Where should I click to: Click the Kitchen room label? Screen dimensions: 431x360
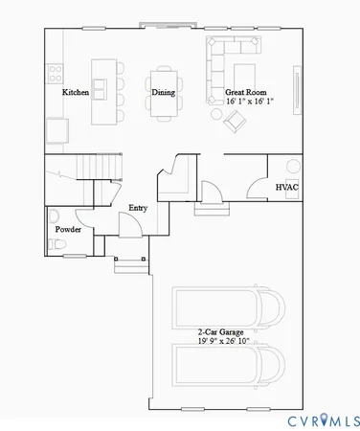click(76, 93)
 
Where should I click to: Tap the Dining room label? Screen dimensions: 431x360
click(163, 93)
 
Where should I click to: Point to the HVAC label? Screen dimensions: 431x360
click(288, 187)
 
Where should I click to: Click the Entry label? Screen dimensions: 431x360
click(138, 207)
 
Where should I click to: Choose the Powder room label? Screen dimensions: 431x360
click(67, 230)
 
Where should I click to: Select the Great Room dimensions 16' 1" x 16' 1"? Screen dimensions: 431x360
click(250, 101)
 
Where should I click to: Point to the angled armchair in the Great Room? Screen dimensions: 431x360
click(233, 119)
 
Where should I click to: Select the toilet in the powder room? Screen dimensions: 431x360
click(56, 246)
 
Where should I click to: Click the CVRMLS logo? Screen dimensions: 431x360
click(323, 419)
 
